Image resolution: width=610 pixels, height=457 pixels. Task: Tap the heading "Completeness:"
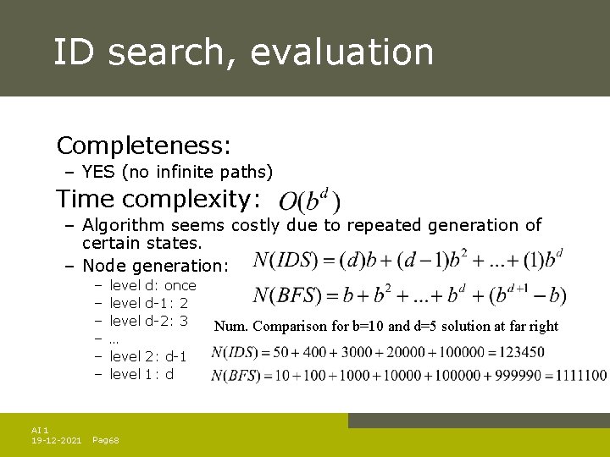(143, 146)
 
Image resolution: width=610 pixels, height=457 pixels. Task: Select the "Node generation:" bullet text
(155, 265)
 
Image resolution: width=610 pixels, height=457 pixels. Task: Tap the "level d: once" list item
(152, 285)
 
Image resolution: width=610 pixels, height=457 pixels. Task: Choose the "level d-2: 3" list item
(148, 321)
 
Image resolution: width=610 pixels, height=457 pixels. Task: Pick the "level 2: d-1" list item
(148, 356)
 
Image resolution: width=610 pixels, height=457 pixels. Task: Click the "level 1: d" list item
(141, 374)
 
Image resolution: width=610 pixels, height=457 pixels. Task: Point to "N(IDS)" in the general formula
(286, 259)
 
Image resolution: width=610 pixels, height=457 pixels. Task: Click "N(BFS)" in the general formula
(286, 295)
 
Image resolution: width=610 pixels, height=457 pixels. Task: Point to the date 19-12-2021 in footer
(56, 440)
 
